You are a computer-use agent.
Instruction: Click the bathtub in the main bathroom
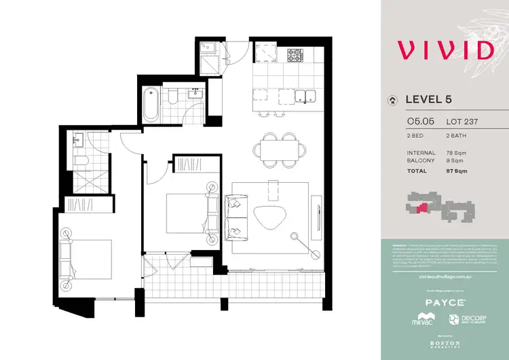(x=151, y=105)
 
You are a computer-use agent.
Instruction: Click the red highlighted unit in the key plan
(x=423, y=208)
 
